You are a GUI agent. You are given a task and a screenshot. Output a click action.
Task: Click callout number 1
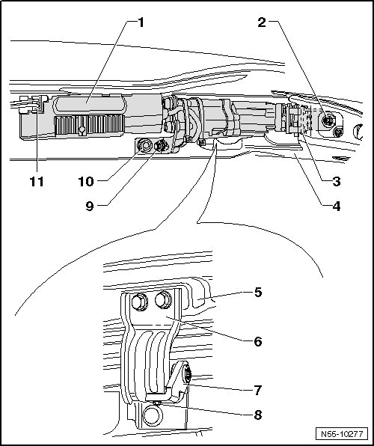coord(141,22)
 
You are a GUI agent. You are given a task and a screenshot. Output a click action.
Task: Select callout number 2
coord(262,22)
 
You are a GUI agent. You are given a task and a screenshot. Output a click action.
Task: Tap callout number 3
coord(337,181)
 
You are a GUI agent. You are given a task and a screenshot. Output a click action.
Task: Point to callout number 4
coord(337,207)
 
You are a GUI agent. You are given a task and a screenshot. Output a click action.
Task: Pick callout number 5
coord(258,292)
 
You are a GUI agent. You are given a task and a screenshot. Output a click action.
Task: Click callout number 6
coord(258,341)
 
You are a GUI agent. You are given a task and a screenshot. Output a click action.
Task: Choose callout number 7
coord(257,391)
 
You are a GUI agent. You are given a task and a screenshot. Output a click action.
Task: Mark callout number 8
coord(257,415)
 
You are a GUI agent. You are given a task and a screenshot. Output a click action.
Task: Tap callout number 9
coord(90,207)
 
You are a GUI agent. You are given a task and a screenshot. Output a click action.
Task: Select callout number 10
coord(86,181)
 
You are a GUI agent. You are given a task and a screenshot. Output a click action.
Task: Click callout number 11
coord(37,181)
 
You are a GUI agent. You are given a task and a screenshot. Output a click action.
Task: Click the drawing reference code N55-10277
coord(342,434)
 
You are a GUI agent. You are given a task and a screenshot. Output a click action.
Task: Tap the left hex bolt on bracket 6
coord(139,302)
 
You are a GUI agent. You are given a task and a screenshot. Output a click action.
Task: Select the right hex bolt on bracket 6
coord(164,300)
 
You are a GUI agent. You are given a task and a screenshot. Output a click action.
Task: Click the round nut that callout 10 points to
coord(144,146)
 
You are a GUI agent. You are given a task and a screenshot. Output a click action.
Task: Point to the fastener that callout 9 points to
coord(162,146)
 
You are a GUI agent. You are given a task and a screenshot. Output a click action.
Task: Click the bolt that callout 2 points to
coord(328,121)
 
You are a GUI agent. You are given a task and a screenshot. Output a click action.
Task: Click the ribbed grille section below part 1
coord(89,124)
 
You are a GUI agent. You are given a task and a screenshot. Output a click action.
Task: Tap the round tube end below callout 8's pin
coord(153,415)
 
